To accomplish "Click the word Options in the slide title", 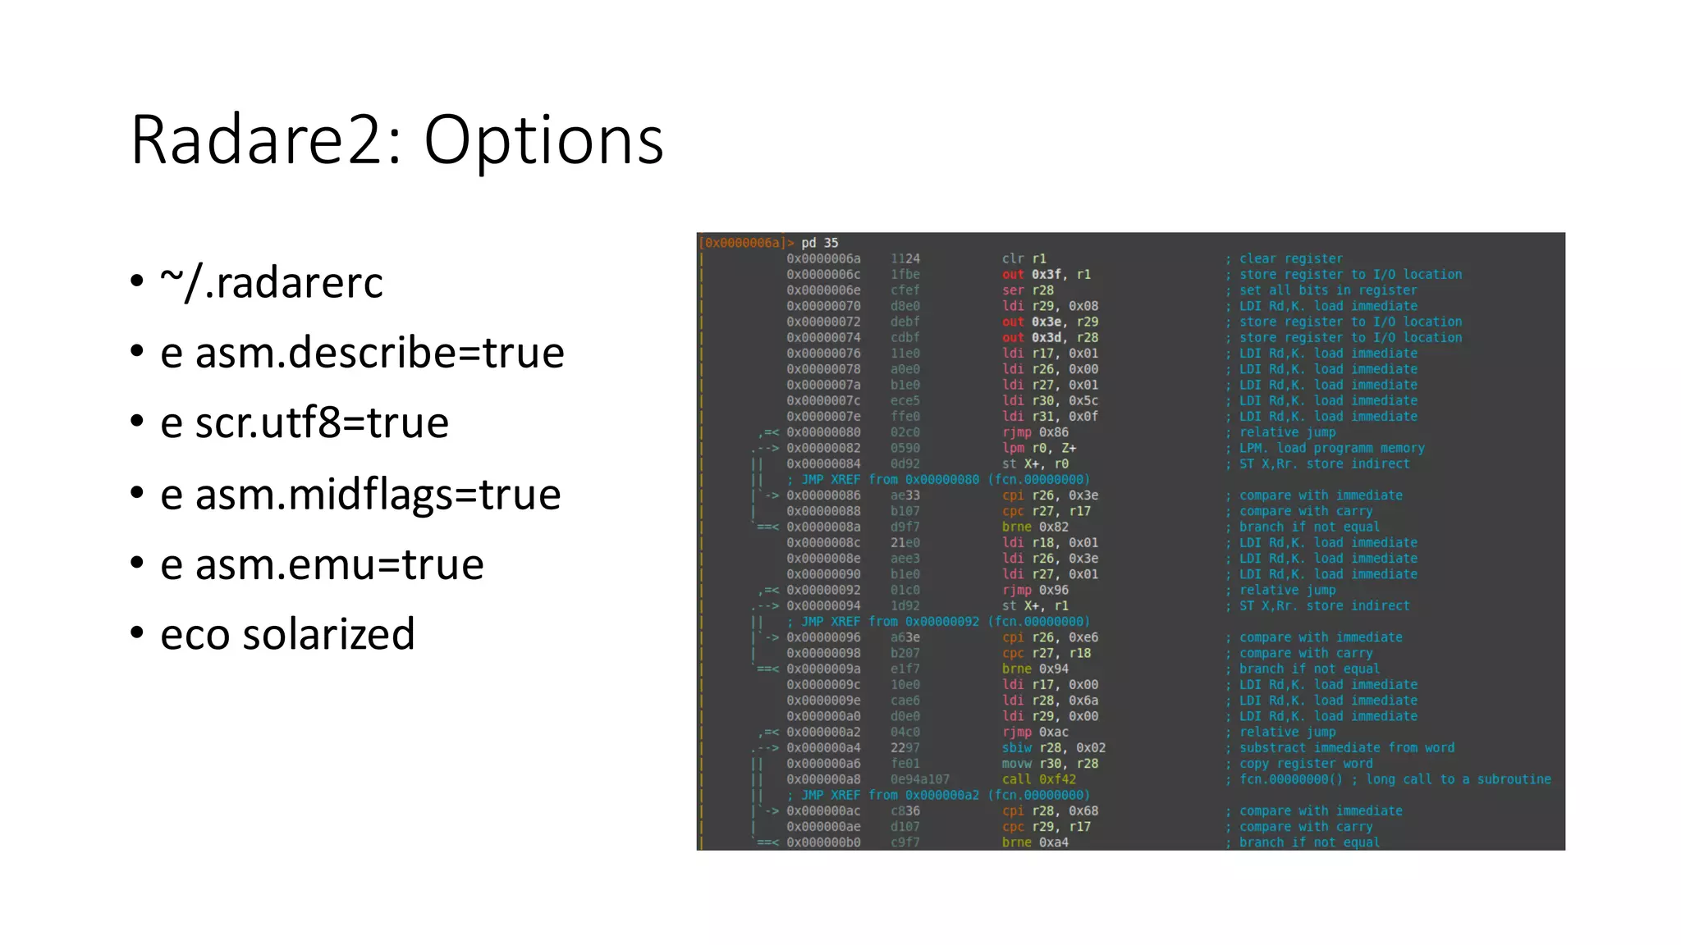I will point(543,140).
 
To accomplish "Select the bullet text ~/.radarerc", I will point(272,283).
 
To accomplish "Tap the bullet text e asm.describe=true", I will point(362,353).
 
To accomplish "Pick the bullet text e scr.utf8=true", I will point(305,423).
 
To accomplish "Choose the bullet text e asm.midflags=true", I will point(360,494).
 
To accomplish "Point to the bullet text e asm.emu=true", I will point(322,564).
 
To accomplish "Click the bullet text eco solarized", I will point(287,634).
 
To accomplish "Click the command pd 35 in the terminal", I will point(820,243).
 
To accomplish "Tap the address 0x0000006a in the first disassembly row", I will point(823,258).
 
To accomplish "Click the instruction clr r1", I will point(1024,258).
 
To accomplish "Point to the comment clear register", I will point(1290,258).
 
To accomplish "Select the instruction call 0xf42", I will point(1038,779).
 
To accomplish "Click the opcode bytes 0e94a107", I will point(919,779).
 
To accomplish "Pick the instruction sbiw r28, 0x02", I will point(1053,747).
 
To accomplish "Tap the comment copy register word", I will point(1305,763).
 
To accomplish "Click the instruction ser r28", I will point(1028,290).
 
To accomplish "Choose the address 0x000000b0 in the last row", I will point(823,842).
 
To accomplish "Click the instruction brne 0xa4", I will point(1035,842).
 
